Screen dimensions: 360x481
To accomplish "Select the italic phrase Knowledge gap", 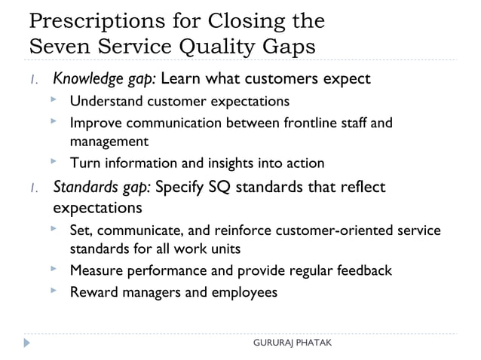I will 104,78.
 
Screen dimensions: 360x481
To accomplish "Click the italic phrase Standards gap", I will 101,187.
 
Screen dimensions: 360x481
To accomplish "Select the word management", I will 109,141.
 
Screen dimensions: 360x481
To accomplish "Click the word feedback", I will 361,270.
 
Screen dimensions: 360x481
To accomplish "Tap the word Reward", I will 93,291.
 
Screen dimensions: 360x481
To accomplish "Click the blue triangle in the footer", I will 27,343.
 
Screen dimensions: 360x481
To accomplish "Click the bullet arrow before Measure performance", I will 54,268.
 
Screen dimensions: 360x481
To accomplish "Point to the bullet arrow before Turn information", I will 54,161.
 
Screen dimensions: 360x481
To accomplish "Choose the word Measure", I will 96,270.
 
